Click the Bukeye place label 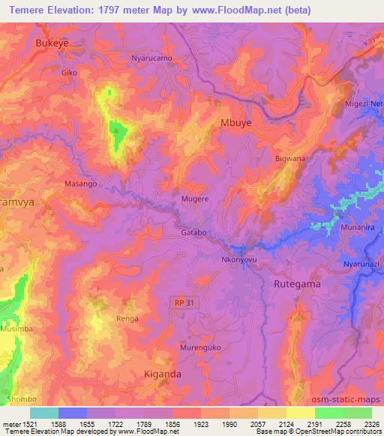(52, 44)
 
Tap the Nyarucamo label (151, 58)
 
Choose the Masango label (82, 184)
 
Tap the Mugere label (195, 200)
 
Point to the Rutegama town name (296, 284)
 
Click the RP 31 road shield (179, 302)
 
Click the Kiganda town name (163, 372)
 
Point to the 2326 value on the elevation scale (370, 424)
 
